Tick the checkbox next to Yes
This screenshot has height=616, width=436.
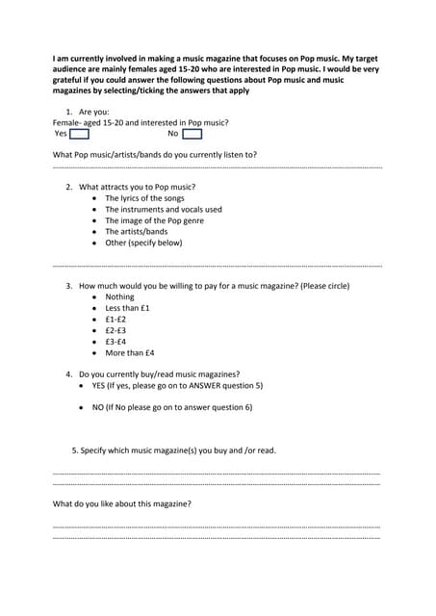tap(79, 134)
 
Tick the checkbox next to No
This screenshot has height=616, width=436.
tap(192, 134)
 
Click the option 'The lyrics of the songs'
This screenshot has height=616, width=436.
tap(144, 198)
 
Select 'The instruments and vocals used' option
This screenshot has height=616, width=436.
tap(163, 209)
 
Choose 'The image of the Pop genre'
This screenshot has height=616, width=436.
tap(154, 220)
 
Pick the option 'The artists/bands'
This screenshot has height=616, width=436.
tap(136, 232)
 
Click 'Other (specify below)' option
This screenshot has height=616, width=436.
tap(143, 243)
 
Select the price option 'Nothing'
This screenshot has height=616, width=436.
tap(119, 297)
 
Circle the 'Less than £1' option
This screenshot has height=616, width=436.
tap(127, 308)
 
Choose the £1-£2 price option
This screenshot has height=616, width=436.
tap(115, 320)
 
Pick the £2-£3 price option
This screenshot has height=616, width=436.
tap(115, 330)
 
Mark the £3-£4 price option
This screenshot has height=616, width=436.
tap(115, 342)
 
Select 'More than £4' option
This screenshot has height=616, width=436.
tap(130, 353)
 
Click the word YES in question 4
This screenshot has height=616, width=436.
tap(100, 385)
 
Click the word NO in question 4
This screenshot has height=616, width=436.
tap(98, 408)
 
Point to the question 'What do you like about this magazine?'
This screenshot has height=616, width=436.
tap(121, 504)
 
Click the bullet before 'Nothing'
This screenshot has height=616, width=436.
tap(93, 297)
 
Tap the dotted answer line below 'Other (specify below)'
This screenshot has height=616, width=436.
tap(217, 265)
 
